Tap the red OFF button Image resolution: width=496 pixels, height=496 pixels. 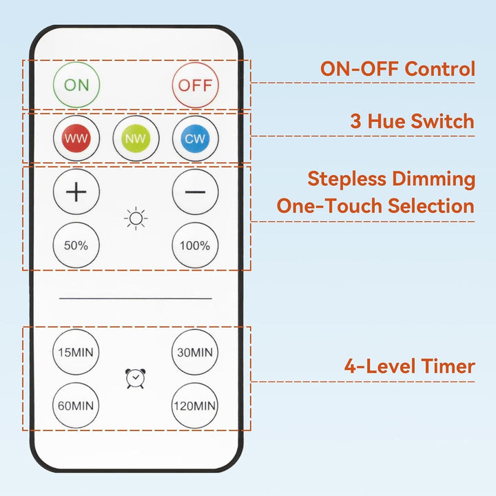point(195,85)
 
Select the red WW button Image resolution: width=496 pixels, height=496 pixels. point(76,138)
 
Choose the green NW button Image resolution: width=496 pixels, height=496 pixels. point(136,138)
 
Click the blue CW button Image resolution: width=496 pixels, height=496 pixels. point(195,138)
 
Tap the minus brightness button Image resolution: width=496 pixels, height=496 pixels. point(195,191)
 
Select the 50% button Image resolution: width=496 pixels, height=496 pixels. point(76,245)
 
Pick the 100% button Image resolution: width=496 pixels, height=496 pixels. point(195,245)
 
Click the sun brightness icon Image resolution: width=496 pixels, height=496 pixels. point(136,219)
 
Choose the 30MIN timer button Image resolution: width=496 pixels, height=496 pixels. point(195,352)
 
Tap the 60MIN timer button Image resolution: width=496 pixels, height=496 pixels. point(76,405)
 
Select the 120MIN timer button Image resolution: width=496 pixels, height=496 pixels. point(195,405)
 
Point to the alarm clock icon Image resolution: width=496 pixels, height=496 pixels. point(136,379)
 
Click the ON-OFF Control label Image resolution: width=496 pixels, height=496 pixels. point(397,69)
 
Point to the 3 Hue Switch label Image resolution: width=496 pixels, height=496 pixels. point(412,121)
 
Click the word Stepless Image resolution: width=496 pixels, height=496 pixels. point(347,179)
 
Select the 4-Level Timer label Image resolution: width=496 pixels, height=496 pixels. point(409,366)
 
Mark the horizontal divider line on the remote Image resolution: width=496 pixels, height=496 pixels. point(136,299)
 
